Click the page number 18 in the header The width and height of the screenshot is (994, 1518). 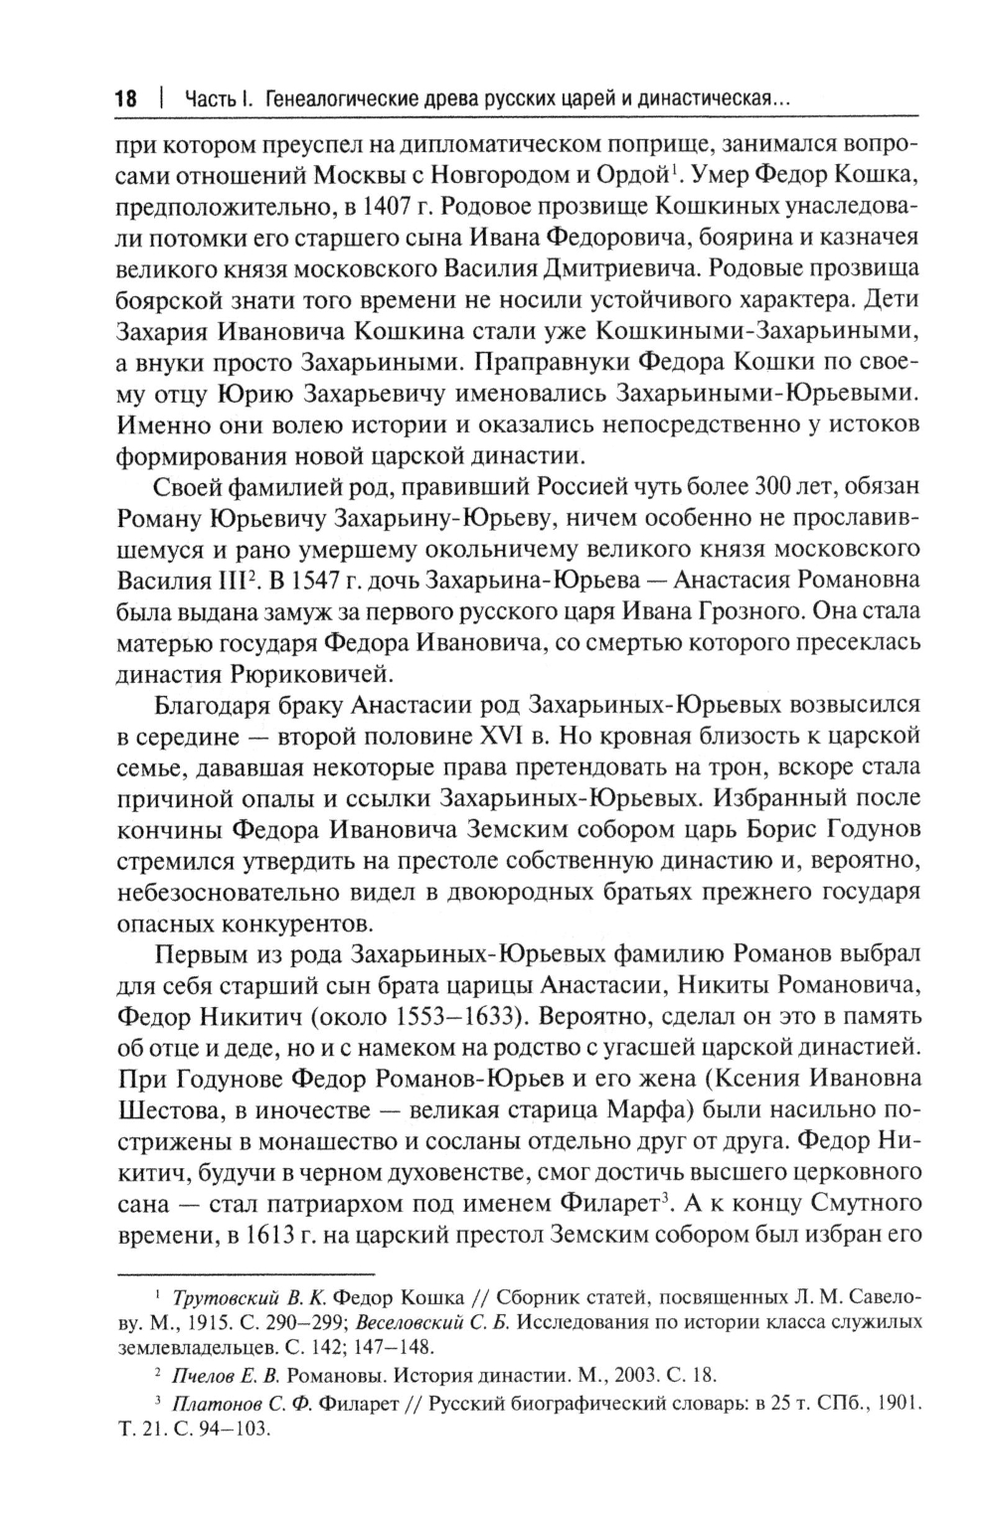pyautogui.click(x=125, y=99)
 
